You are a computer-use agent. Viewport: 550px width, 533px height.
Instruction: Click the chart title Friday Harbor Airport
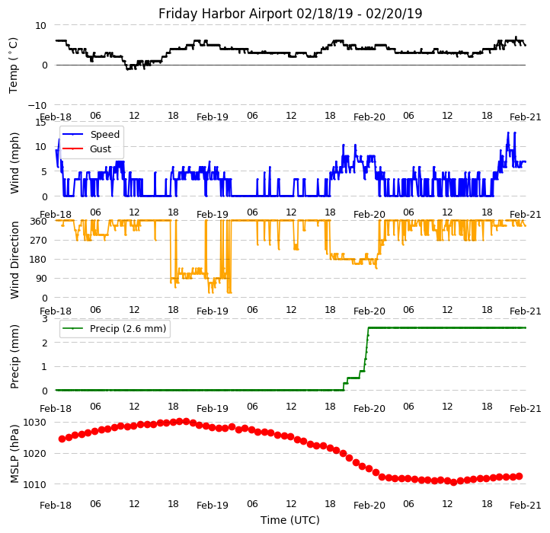(x=290, y=14)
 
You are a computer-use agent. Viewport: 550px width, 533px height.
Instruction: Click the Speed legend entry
(x=104, y=135)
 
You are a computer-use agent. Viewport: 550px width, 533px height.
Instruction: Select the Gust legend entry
(x=101, y=149)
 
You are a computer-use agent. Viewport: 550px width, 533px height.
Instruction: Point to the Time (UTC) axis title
(x=290, y=520)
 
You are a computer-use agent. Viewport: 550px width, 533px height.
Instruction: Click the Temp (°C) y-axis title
(x=14, y=65)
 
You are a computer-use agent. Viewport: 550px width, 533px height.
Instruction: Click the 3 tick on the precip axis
(x=45, y=318)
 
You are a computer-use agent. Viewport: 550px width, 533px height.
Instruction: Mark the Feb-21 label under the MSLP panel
(x=526, y=505)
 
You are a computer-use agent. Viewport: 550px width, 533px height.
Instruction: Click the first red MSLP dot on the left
(x=62, y=439)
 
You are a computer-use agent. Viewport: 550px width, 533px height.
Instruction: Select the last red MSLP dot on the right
(x=519, y=476)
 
